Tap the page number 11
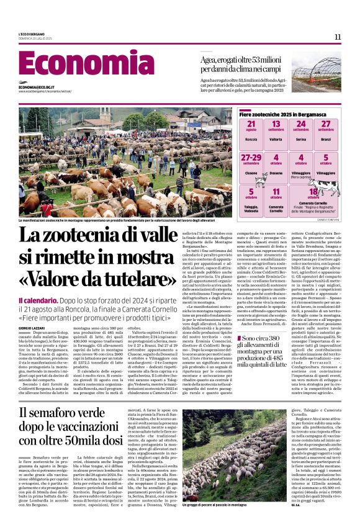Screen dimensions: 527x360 tap(338, 37)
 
